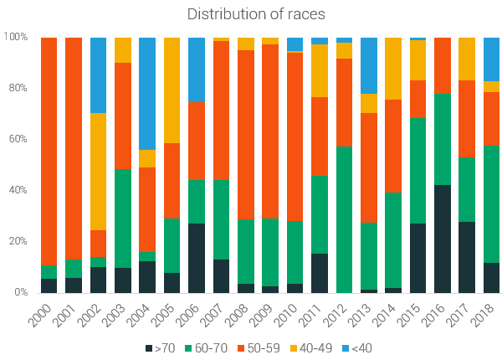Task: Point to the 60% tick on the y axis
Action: (18, 139)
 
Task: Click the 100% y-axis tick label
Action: (16, 37)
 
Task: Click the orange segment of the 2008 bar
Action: (246, 135)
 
